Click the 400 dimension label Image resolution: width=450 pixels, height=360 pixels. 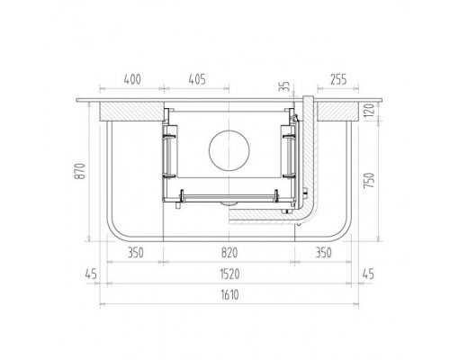(132, 79)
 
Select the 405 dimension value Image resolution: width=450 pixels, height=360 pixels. (197, 79)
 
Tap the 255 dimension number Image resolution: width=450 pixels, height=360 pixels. (338, 79)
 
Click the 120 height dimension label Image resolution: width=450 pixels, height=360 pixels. (369, 110)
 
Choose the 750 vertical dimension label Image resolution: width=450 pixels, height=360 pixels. (369, 180)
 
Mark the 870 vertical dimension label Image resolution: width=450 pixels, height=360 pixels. (80, 171)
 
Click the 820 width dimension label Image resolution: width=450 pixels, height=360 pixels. (229, 253)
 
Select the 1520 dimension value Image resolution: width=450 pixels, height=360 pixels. (229, 274)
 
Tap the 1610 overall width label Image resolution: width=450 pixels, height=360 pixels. (229, 295)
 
